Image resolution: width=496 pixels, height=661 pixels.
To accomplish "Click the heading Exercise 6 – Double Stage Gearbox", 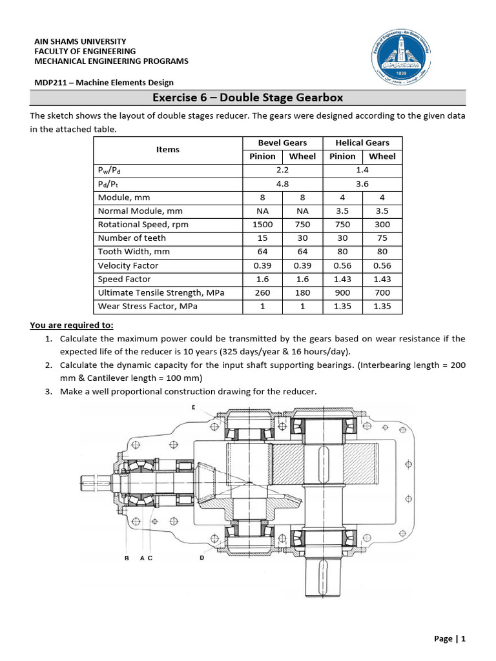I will (247, 98).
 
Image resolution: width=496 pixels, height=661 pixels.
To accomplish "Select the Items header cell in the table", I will (168, 149).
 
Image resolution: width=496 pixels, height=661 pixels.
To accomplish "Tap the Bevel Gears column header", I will (282, 143).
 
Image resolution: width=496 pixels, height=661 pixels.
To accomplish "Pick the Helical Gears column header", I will (362, 143).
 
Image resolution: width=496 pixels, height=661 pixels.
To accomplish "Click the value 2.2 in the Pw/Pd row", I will (282, 170).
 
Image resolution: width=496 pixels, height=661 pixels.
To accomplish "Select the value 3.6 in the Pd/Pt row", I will (362, 183).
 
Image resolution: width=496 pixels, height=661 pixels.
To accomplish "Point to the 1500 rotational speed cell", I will (263, 225).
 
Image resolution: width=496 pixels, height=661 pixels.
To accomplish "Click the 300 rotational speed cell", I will (382, 225).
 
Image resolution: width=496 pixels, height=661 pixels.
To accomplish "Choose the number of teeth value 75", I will (382, 238).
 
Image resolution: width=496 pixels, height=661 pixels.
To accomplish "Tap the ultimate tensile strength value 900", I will (342, 293).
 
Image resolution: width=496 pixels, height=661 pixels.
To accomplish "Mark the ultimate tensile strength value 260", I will (263, 293).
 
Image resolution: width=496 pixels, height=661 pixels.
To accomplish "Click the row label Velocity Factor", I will (128, 265).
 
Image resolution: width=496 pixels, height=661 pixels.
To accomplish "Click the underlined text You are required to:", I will (72, 325).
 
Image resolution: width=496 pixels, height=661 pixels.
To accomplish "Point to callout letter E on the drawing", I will (194, 407).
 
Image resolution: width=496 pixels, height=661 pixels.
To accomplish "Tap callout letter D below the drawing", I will (201, 558).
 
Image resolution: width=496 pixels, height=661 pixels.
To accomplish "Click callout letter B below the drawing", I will (126, 558).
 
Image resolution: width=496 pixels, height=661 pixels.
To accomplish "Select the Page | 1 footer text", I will (449, 639).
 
